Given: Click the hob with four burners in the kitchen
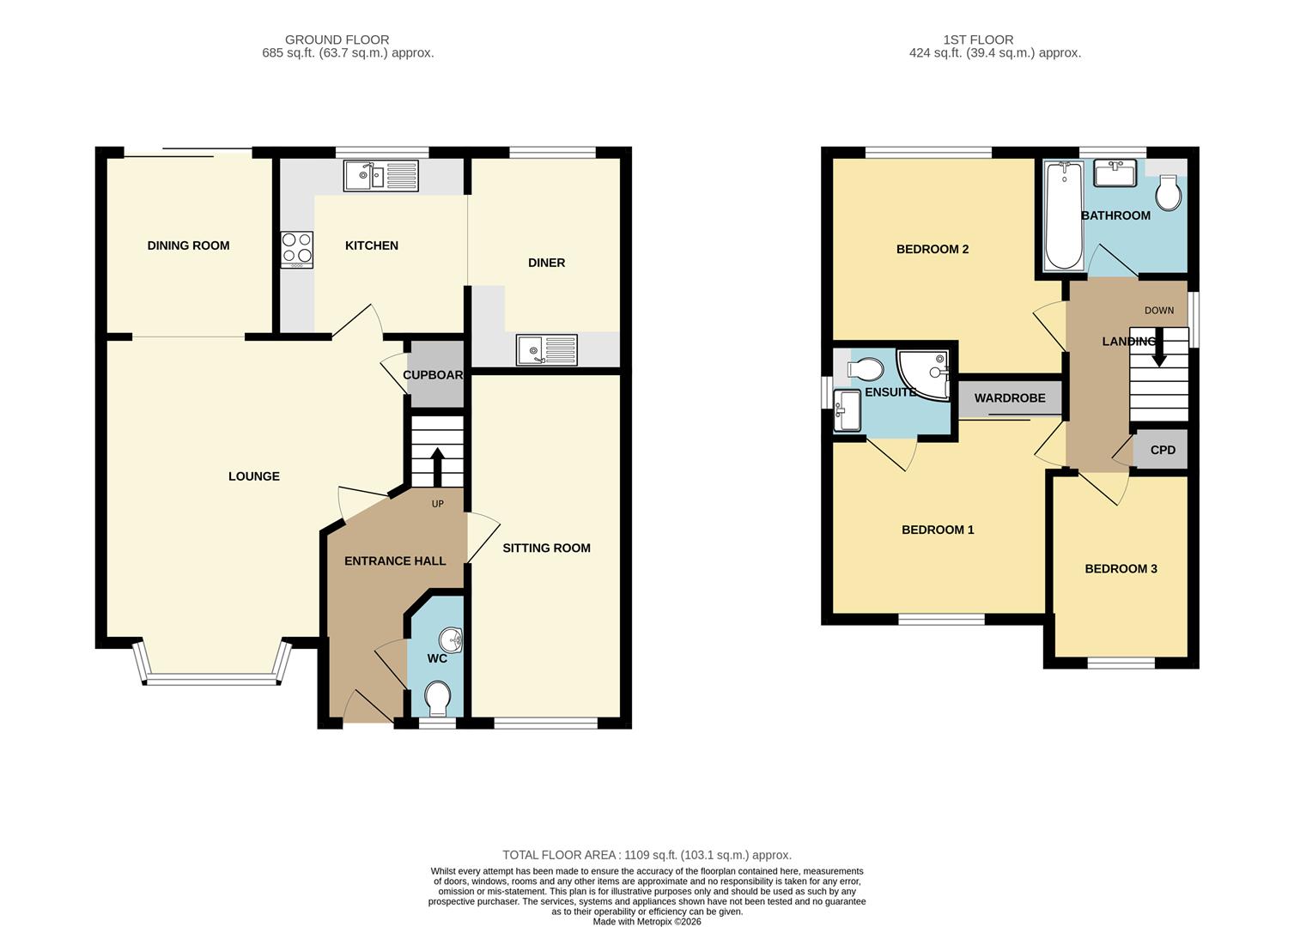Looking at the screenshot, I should [296, 250].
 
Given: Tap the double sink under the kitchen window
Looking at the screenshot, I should [380, 176].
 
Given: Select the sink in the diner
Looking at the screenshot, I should [547, 349].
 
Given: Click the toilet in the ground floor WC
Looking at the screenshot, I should [438, 697].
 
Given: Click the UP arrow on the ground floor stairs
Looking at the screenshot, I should [436, 466].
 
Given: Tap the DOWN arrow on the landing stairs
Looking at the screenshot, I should [1158, 348].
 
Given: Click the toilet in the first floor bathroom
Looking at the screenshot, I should [1168, 193].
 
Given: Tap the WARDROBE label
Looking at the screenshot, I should [1010, 398].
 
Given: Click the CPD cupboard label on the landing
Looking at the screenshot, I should [1163, 450].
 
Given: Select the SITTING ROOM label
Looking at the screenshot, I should [546, 548].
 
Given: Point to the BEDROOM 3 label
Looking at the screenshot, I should [1121, 568].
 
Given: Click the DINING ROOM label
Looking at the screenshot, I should [188, 245].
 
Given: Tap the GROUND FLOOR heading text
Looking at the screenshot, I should [337, 39].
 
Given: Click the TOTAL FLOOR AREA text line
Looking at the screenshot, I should [647, 855].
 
